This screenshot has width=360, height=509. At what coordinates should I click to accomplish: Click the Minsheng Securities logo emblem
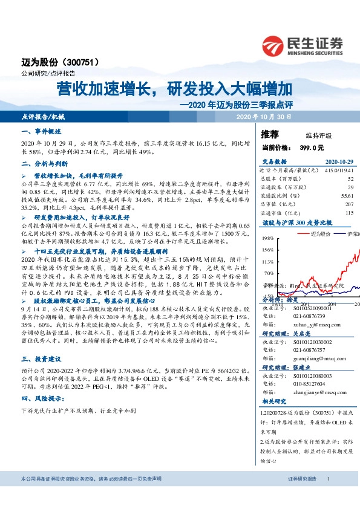275,45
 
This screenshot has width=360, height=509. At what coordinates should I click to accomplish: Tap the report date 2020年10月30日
264,116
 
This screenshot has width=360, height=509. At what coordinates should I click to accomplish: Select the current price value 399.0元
309,147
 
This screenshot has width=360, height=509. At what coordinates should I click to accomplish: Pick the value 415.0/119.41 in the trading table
339,170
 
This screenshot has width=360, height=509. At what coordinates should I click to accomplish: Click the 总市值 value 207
349,204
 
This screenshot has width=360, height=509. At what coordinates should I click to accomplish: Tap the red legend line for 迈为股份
300,233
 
